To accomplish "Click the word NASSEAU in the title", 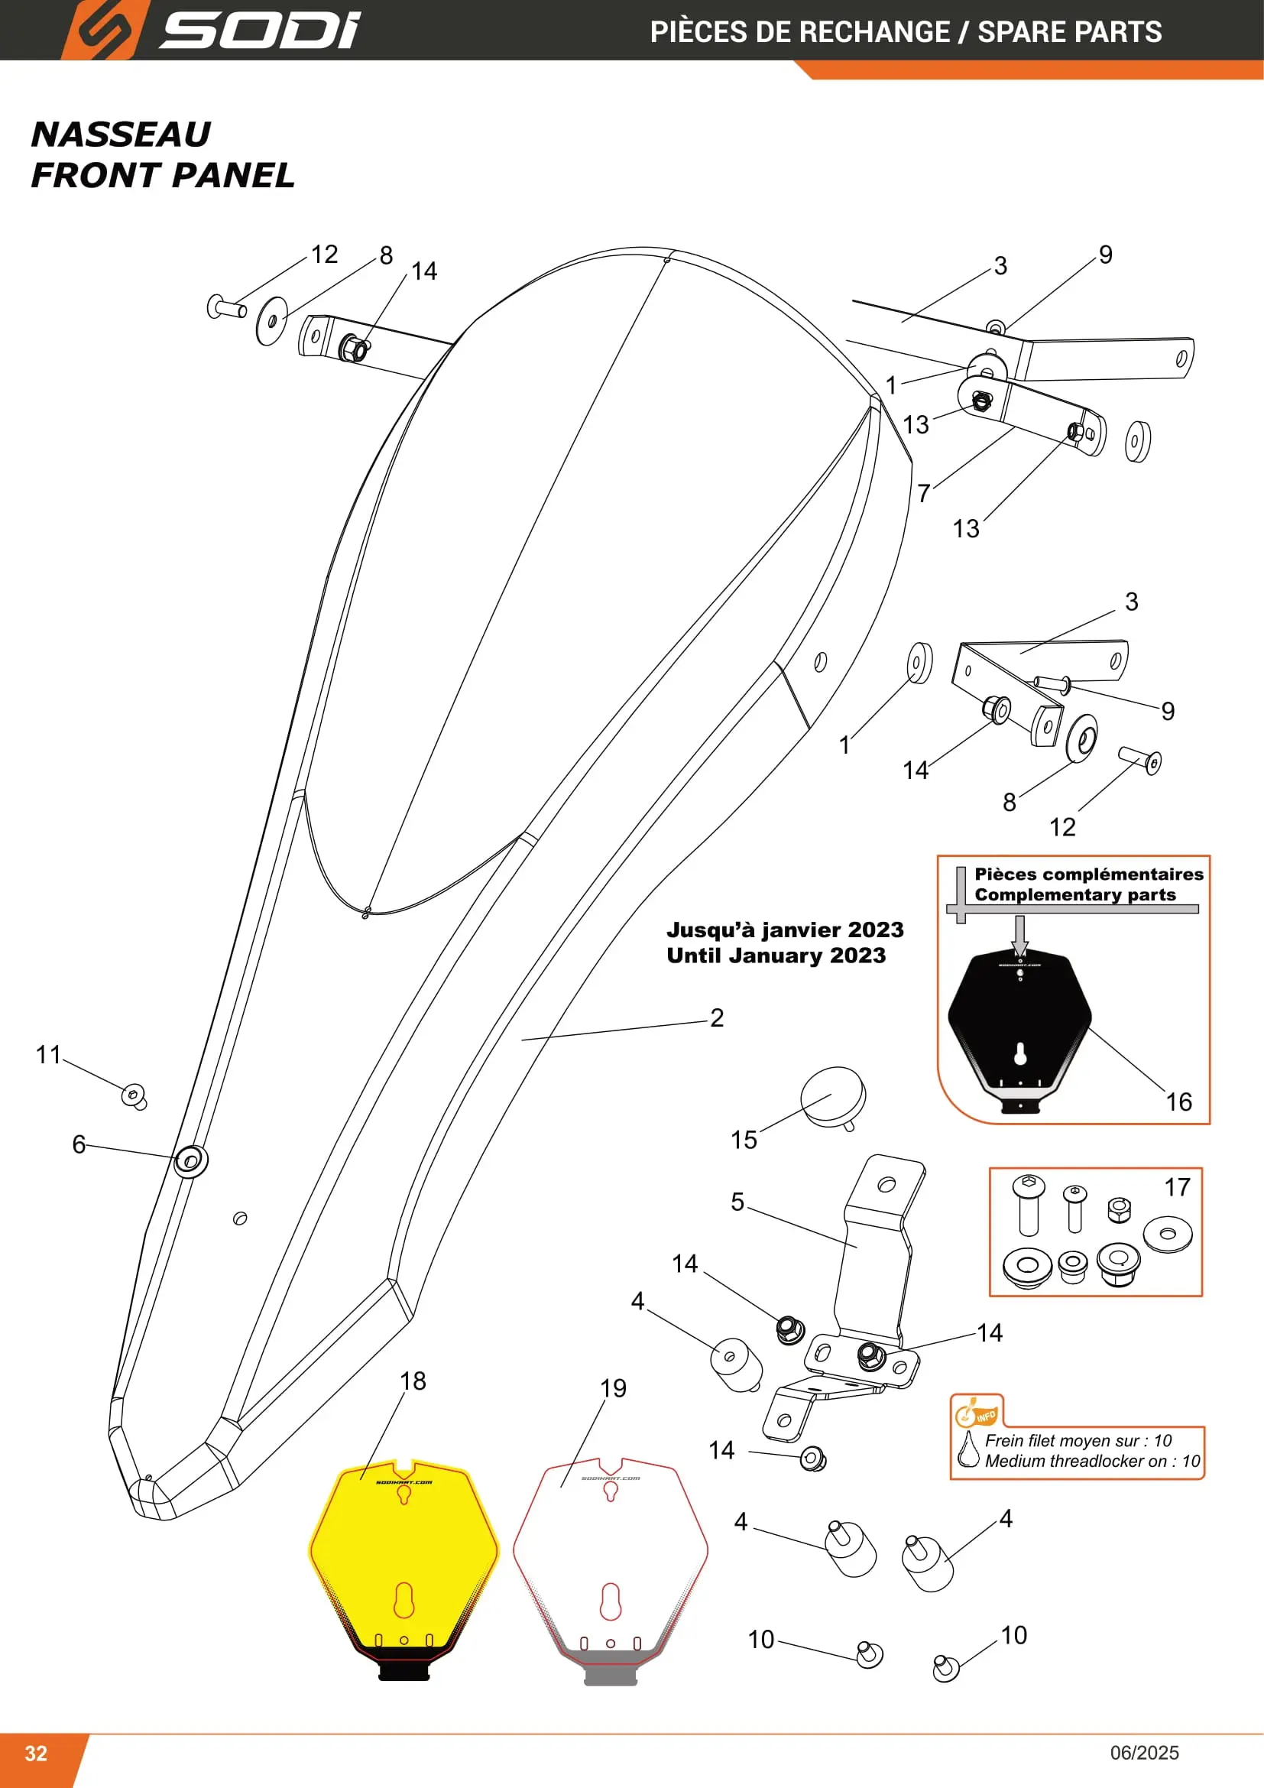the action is tap(121, 134).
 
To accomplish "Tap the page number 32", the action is tap(36, 1753).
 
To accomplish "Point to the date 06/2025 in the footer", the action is tap(1144, 1752).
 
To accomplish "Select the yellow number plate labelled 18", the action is tap(404, 1569).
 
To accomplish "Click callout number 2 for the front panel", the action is tap(717, 1017).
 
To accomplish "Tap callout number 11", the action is tap(48, 1054).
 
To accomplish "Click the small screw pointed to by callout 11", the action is tap(134, 1096).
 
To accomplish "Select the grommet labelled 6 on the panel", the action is tap(191, 1161).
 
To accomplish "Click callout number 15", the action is tap(744, 1139).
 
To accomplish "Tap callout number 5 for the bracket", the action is tap(737, 1201).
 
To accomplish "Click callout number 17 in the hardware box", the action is tap(1177, 1187).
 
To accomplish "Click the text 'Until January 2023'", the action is tap(776, 956).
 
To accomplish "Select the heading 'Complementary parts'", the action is tap(1075, 895).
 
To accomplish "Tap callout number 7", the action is tap(924, 493).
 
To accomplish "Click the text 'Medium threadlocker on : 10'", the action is tap(1092, 1461).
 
